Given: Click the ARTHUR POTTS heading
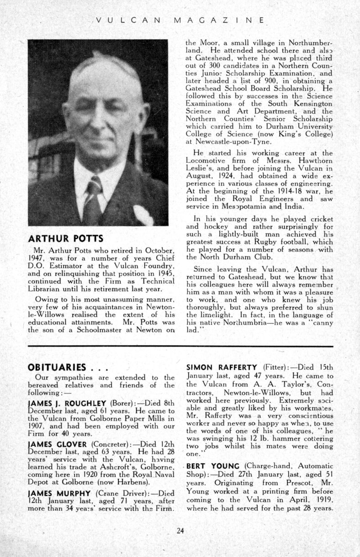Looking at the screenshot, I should (x=66, y=239).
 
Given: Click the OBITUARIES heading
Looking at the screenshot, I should (x=57, y=367).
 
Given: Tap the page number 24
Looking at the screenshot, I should (x=180, y=530).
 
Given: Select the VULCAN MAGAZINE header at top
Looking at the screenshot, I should (x=180, y=20).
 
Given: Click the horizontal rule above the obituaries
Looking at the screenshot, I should (x=180, y=347).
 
